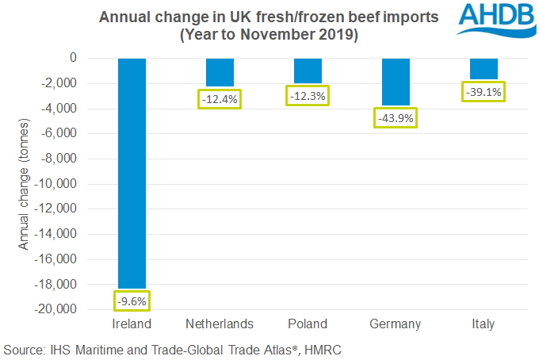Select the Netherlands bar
220,72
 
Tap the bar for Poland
308,70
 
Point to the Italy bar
484,68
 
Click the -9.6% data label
132,301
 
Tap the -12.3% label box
308,95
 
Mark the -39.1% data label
484,92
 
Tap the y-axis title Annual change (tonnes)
24,183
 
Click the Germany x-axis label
396,324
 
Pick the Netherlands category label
220,324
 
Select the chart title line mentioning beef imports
268,17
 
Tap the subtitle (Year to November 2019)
268,36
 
